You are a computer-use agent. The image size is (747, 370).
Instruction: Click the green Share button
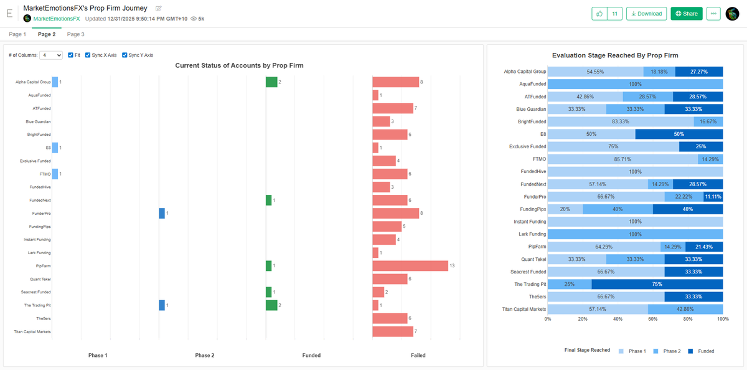coord(686,14)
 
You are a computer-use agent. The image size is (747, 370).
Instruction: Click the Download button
coord(646,14)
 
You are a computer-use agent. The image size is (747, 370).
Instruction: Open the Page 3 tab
coord(75,34)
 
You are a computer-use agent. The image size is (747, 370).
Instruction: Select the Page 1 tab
coord(17,34)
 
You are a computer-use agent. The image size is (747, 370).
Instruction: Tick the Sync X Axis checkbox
coord(88,55)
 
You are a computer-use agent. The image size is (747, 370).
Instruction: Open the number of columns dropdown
coord(50,55)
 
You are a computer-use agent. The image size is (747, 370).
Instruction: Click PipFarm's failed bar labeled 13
coord(410,266)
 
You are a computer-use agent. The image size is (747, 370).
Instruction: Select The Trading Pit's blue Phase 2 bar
coord(162,305)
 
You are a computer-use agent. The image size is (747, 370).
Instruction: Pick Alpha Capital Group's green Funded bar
coord(271,82)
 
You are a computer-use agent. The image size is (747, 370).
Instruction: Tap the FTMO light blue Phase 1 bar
coord(55,174)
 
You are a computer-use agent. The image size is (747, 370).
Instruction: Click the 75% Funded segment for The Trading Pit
coord(657,284)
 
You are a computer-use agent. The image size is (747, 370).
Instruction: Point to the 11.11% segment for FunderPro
coord(713,196)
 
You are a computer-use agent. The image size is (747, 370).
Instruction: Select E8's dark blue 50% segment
coord(679,134)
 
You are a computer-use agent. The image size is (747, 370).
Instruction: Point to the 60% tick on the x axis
coord(653,319)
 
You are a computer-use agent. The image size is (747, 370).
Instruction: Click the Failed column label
coord(418,355)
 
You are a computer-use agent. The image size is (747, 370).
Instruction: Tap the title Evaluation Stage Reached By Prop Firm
coord(615,55)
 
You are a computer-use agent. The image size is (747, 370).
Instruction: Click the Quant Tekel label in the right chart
coord(533,259)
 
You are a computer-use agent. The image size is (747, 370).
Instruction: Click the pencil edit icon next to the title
coord(159,8)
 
